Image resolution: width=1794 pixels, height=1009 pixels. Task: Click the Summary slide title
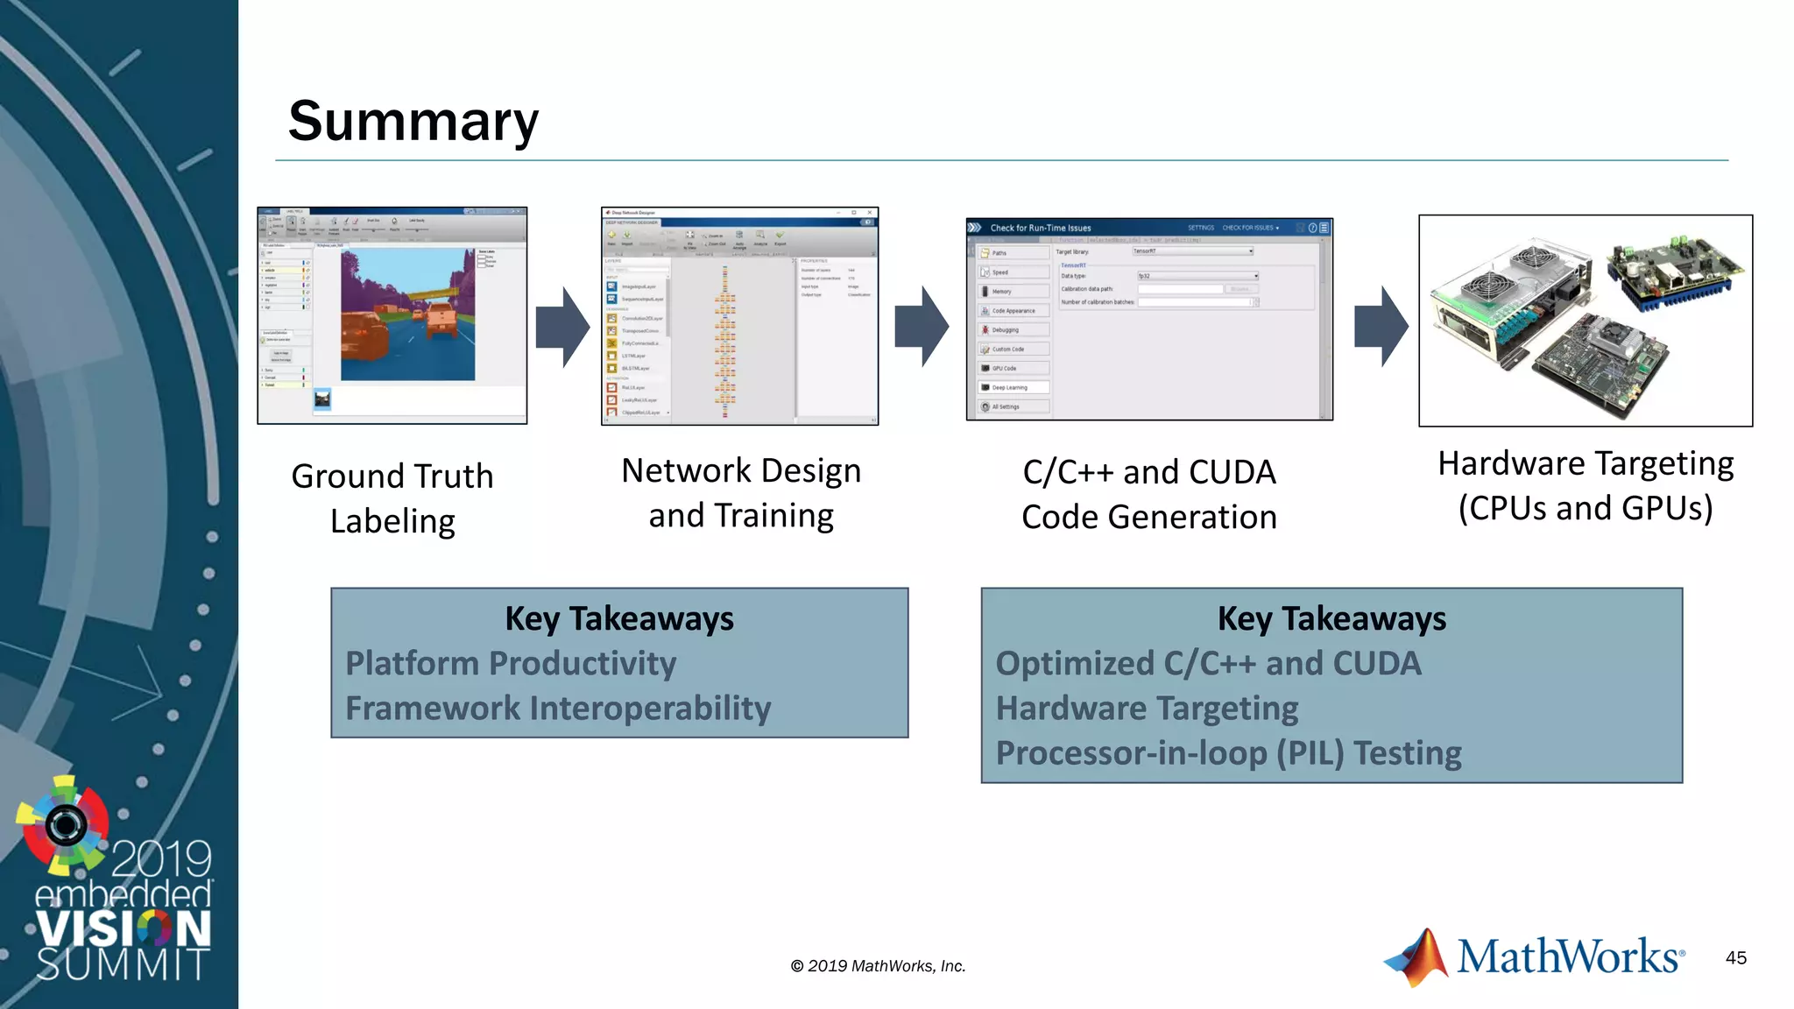click(x=413, y=121)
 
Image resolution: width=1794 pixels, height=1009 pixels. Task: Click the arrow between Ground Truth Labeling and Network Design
click(x=562, y=327)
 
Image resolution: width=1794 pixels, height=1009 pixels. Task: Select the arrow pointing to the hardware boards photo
click(x=1381, y=327)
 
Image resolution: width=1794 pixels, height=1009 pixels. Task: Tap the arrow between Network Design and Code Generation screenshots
click(x=921, y=327)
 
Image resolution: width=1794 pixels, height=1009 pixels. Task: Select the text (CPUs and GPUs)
click(x=1585, y=509)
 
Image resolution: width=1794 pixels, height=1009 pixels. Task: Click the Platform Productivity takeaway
click(x=511, y=664)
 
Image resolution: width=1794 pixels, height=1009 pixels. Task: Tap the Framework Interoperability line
click(x=558, y=709)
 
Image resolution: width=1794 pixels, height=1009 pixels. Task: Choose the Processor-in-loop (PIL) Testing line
click(x=1228, y=753)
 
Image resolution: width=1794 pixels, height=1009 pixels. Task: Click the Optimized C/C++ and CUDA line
click(x=1208, y=664)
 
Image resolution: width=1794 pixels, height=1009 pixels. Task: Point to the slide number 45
click(x=1735, y=958)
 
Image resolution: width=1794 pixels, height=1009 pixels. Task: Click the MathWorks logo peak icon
click(x=1416, y=958)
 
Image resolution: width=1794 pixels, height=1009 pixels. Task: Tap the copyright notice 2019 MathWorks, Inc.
click(x=878, y=966)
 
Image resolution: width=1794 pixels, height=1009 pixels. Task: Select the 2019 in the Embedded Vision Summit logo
click(x=161, y=858)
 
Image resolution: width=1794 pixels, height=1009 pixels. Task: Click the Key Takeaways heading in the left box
click(x=619, y=619)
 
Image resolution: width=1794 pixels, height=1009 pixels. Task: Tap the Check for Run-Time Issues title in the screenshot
click(x=1041, y=228)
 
